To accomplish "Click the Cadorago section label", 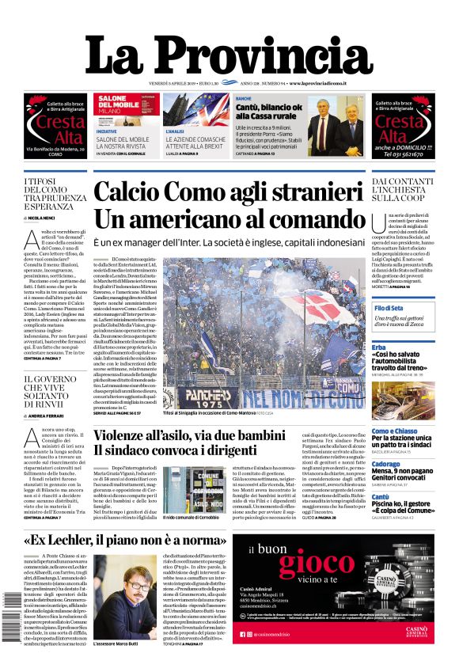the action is [x=385, y=464].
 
